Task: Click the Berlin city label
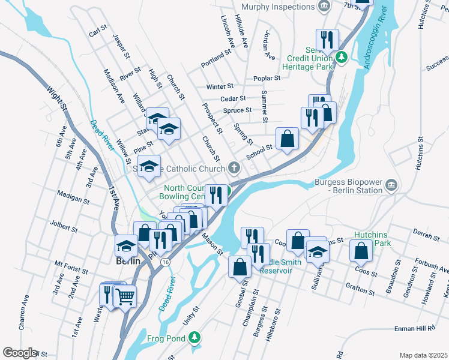click(127, 262)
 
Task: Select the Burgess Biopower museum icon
click(391, 183)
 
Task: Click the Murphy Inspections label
click(278, 7)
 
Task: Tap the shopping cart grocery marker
click(125, 295)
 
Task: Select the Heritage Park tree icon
click(341, 58)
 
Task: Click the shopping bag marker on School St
click(288, 139)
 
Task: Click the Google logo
click(19, 353)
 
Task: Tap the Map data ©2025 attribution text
click(423, 355)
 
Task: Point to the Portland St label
click(216, 56)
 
